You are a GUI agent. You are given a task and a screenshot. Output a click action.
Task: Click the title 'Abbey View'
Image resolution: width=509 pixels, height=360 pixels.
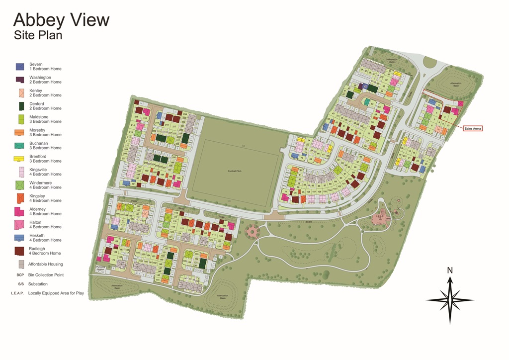(x=61, y=20)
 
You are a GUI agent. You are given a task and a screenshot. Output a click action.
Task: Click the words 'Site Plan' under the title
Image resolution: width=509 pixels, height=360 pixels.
(x=38, y=35)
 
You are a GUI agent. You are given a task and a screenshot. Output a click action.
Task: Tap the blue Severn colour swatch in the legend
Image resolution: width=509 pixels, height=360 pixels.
(x=20, y=67)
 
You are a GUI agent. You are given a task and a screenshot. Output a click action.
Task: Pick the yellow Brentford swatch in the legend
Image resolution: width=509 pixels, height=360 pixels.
(x=20, y=159)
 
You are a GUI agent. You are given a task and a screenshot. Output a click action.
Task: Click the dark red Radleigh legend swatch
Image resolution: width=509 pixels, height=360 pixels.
(x=20, y=251)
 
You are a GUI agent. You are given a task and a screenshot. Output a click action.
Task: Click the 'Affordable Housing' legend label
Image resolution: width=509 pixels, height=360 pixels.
(x=46, y=264)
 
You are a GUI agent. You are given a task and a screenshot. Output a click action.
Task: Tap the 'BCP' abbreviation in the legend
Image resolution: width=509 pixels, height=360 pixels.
(x=20, y=274)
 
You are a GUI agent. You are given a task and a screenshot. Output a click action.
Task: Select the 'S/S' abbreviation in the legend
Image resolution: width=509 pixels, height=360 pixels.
(x=20, y=284)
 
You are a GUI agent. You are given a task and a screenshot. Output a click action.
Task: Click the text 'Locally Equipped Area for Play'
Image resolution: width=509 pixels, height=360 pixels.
(x=56, y=293)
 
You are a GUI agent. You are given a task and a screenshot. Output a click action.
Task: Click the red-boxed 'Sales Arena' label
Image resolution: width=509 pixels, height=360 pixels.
(x=472, y=128)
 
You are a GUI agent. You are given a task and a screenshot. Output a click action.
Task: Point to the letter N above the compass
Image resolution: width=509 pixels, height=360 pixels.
(x=450, y=270)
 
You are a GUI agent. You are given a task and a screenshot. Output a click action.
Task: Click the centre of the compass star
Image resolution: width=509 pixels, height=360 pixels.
(x=450, y=300)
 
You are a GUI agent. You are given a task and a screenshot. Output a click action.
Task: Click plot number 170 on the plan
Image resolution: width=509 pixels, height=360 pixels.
(x=113, y=260)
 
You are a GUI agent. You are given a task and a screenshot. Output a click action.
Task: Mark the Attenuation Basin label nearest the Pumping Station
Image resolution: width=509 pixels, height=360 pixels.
(x=117, y=286)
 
